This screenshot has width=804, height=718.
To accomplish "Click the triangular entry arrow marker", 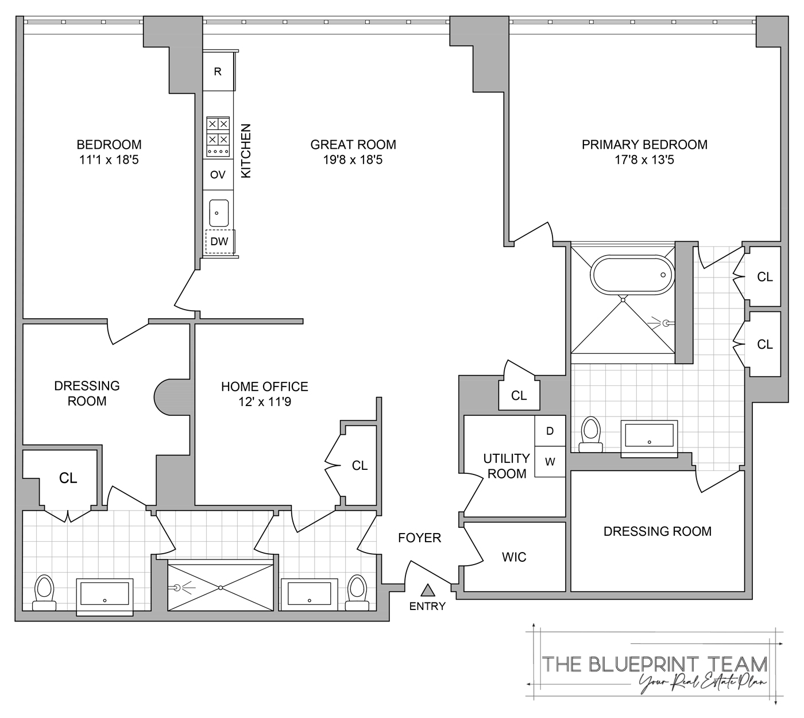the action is [x=427, y=590].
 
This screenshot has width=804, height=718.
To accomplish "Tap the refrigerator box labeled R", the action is [x=218, y=71].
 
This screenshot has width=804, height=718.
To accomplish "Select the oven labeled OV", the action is [x=218, y=175].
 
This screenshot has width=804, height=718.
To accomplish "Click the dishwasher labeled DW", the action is [x=219, y=241].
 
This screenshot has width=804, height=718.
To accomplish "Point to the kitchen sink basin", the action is [x=219, y=213].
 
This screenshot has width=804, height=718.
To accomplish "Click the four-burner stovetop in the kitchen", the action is [x=218, y=137].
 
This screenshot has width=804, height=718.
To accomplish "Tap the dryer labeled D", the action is [x=550, y=431].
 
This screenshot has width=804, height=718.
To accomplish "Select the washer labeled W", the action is [x=550, y=462].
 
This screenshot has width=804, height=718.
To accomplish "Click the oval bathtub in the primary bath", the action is [x=632, y=275].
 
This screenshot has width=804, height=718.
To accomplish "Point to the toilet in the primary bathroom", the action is [x=590, y=435].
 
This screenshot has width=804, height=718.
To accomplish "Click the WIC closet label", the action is [x=514, y=557].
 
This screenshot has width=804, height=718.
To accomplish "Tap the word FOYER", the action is [x=419, y=538].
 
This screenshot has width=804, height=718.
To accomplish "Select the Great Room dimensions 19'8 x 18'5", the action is [x=353, y=160].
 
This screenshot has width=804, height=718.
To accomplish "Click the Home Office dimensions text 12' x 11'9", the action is [x=265, y=402].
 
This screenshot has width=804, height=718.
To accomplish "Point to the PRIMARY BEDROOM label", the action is [x=644, y=145].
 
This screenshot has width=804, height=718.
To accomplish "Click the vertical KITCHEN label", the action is [x=246, y=151].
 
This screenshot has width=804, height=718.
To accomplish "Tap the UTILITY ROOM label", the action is [x=507, y=466].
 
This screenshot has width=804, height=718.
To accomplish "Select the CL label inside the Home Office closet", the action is [x=360, y=466].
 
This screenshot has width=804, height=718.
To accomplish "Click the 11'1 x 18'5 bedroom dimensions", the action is [x=109, y=160].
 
